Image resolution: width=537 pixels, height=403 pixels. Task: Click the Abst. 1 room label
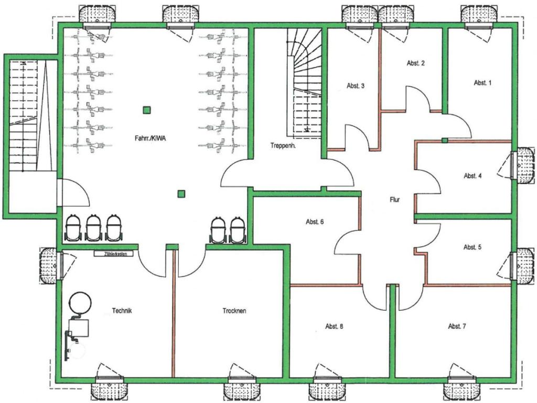pos(483,83)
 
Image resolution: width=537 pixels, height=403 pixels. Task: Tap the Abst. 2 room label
pos(415,63)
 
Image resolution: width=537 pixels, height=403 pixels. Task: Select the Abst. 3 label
pos(356,85)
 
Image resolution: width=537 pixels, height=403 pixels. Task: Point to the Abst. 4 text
pos(472,176)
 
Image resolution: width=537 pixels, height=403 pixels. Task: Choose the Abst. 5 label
pos(472,247)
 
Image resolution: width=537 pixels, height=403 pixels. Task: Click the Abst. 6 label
pos(315,222)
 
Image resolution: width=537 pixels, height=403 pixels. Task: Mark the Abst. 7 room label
pos(457,326)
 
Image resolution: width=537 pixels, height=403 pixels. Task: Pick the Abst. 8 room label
pos(334,326)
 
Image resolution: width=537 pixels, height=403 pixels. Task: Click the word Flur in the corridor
pos(395,199)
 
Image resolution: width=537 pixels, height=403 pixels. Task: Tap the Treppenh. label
pos(284,145)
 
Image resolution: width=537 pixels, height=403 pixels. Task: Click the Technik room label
pos(122,310)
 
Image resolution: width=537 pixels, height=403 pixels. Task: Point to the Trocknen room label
pos(234,310)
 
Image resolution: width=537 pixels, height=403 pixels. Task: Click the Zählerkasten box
pos(114,254)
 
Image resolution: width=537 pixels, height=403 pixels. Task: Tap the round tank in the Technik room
pos(80,302)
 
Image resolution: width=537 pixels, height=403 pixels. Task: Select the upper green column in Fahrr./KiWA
pos(147,110)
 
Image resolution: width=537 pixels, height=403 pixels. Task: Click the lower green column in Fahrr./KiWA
pos(181,193)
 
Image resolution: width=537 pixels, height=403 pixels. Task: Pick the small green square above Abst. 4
pos(445,140)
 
